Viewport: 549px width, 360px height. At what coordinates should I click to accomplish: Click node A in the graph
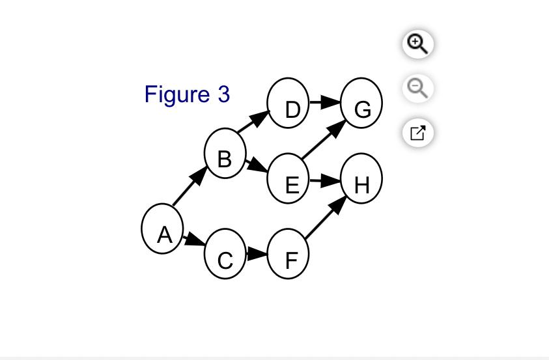[x=162, y=228]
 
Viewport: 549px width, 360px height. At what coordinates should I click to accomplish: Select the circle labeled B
[x=225, y=153]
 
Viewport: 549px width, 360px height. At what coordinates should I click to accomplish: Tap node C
[x=225, y=254]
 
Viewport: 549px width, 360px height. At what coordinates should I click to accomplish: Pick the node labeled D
[x=288, y=103]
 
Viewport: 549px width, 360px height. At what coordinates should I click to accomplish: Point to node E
[x=288, y=178]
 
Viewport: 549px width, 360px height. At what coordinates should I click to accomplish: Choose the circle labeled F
[x=288, y=254]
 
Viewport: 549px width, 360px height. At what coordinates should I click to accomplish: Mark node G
[x=361, y=103]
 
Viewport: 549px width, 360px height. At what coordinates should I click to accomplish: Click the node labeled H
[x=361, y=178]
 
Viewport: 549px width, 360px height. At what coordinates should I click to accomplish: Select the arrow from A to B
[x=190, y=186]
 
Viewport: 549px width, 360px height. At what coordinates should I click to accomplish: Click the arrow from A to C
[x=194, y=241]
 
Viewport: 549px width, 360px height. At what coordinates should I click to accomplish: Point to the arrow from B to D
[x=253, y=121]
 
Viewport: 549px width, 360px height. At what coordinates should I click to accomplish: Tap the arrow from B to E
[x=257, y=166]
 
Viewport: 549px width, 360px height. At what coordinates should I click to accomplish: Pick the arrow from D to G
[x=325, y=102]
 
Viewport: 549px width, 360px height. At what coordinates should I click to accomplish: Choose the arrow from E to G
[x=324, y=139]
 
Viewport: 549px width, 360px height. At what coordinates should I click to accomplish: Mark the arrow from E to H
[x=325, y=180]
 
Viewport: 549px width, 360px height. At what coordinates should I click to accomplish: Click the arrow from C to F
[x=257, y=254]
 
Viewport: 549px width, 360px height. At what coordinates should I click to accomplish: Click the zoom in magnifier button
[x=417, y=44]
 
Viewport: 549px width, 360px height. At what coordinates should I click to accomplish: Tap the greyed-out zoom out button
[x=417, y=89]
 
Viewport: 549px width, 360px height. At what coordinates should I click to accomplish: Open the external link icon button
[x=417, y=133]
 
